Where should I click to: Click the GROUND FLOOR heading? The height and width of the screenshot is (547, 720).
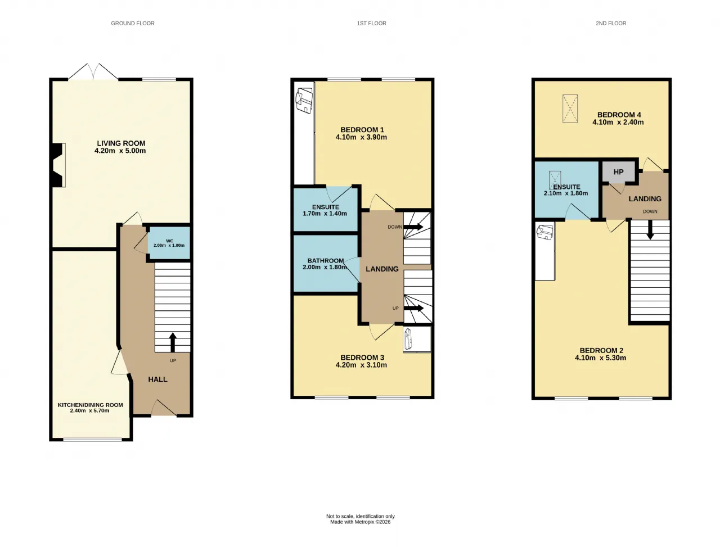pos(133,23)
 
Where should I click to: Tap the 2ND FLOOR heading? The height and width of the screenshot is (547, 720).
pos(611,23)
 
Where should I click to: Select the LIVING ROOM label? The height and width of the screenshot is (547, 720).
pos(121,143)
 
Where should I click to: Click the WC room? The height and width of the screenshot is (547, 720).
pos(169,243)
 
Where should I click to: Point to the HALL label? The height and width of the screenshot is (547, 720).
pos(157,379)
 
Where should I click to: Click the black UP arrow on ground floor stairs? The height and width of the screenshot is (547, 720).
pos(173,342)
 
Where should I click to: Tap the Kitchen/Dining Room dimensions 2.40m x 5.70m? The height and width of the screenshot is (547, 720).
pos(89,410)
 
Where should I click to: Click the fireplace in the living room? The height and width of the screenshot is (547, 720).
pos(59,165)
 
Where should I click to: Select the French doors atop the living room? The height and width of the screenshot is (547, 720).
pos(93,71)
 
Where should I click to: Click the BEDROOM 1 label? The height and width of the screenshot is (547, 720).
pos(362,130)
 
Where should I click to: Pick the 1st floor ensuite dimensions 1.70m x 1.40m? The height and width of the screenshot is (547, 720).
pos(325,214)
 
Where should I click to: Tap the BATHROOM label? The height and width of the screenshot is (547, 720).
pos(325,260)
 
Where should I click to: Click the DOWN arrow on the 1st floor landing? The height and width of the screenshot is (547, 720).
pos(413,227)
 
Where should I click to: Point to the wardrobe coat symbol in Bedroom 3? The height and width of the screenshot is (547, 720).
pos(408,339)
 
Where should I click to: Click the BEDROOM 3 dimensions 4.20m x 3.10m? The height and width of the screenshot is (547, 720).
pos(361,365)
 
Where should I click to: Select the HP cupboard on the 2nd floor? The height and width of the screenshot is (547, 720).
pos(618,171)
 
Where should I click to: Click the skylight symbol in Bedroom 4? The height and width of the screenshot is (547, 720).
pos(570,109)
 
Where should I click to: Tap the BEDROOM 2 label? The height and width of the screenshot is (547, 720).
pos(601,350)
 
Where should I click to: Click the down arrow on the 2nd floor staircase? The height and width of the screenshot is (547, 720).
pos(650,229)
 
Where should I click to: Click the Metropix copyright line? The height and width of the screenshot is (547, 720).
pos(360,522)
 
